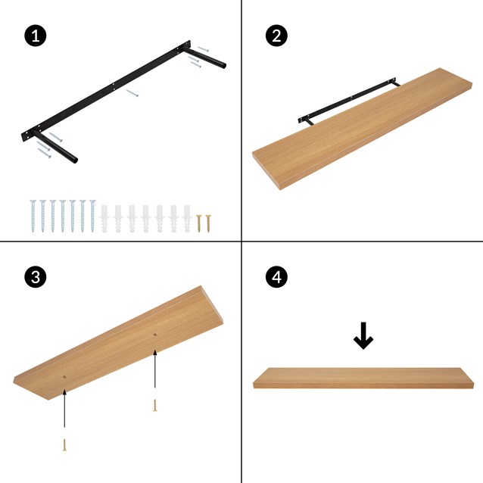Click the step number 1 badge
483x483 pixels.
[34, 36]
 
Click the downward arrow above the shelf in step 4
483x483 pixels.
[363, 336]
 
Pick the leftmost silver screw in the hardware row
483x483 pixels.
[33, 216]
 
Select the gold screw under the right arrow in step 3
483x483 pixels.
[155, 404]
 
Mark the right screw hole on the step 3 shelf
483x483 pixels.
[155, 334]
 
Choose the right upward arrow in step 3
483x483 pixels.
[155, 371]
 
